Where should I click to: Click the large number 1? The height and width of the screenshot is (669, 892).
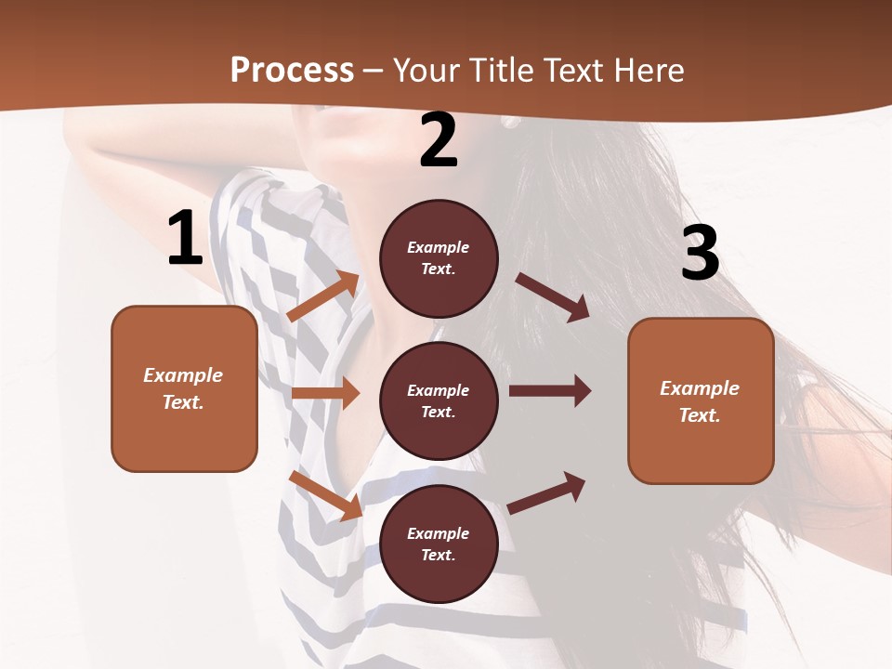(185, 239)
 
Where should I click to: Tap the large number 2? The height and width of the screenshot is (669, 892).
(439, 141)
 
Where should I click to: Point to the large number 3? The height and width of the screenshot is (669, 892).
(701, 254)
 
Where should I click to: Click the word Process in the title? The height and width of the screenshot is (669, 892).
(292, 70)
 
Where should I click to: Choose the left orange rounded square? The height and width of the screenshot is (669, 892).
(184, 388)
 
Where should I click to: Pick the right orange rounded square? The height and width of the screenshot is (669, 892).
(701, 400)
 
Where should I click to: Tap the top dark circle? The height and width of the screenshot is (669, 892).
(439, 258)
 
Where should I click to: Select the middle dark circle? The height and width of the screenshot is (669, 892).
(439, 400)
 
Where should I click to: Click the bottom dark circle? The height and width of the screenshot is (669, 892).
(439, 544)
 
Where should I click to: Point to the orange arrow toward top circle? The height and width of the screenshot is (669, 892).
(323, 296)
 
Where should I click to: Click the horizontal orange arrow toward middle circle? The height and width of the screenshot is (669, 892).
(325, 393)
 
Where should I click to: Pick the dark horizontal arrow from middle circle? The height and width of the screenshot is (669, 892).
(550, 391)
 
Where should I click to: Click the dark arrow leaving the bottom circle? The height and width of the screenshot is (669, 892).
(546, 492)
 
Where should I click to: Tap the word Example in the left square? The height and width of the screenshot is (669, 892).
(183, 375)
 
